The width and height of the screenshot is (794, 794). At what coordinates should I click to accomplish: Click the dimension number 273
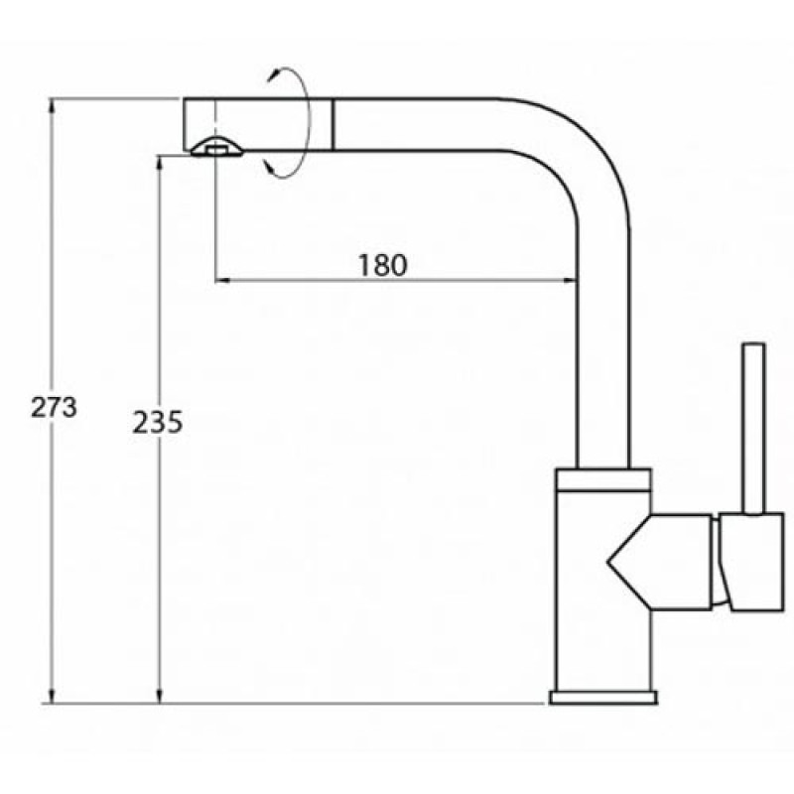point(54,407)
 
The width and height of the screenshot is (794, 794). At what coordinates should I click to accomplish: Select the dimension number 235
point(157,423)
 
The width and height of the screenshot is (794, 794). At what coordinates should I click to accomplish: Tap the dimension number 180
point(382,265)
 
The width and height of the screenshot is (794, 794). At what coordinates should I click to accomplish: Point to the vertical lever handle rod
point(753,430)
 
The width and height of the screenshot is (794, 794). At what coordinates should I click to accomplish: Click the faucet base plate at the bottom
point(603,698)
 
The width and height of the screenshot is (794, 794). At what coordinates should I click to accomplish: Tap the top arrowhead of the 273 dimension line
point(52,104)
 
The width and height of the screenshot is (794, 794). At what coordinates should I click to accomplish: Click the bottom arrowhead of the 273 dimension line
point(52,697)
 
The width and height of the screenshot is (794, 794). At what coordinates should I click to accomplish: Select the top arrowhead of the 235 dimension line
point(160,163)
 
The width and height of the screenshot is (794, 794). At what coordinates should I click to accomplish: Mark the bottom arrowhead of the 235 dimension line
point(160,697)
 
